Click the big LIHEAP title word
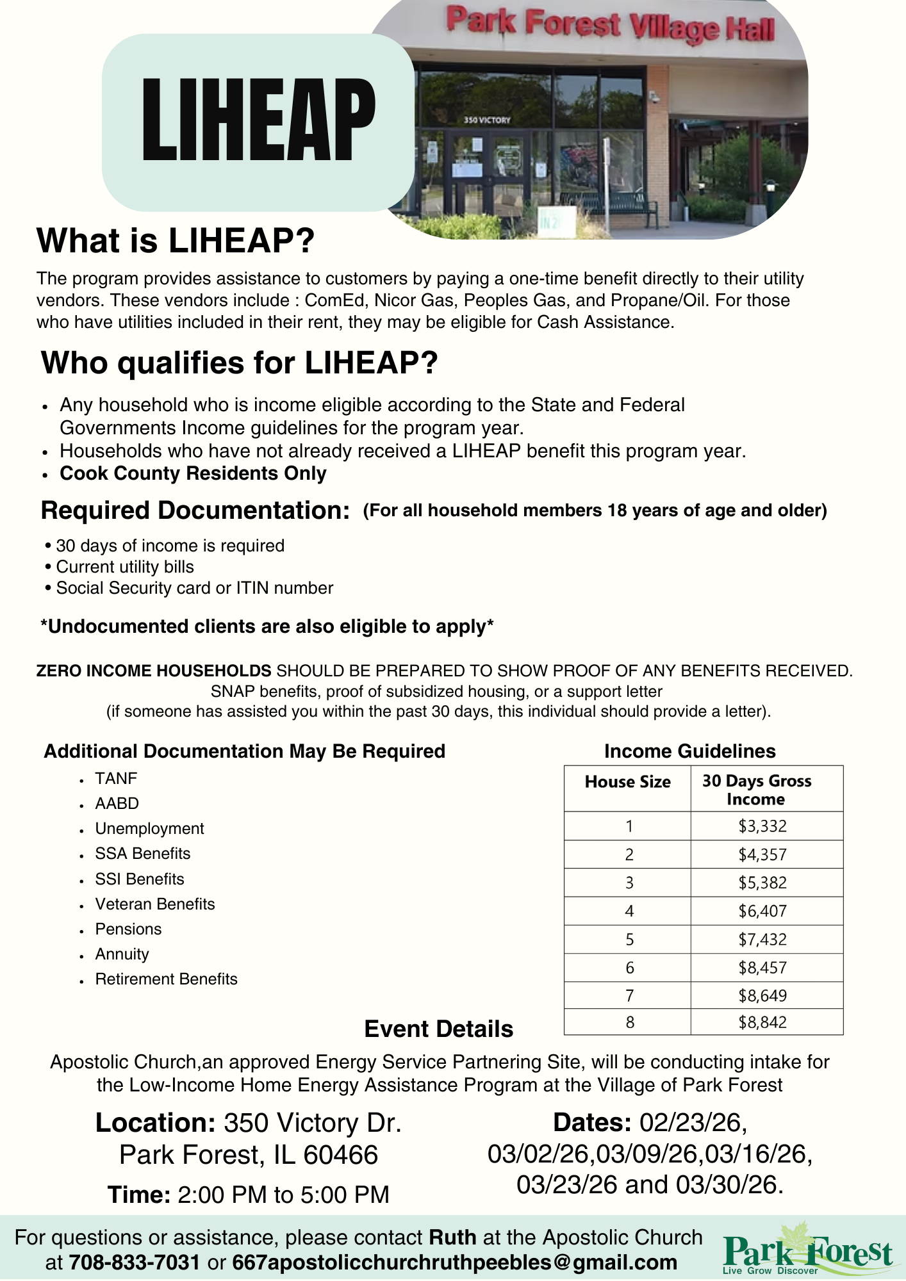tap(258, 120)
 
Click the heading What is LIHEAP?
tap(176, 241)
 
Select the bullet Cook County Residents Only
tap(193, 473)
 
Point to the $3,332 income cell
tap(762, 826)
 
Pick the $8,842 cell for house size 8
tap(762, 1022)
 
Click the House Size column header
tap(627, 782)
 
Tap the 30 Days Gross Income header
tap(757, 790)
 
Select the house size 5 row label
tap(629, 940)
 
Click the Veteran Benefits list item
tap(155, 904)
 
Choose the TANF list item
tap(116, 778)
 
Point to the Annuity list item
tap(122, 954)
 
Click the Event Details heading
tap(438, 1029)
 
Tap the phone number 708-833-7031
tap(134, 1262)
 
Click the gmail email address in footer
tap(454, 1262)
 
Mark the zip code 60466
tap(340, 1155)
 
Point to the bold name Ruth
tap(452, 1237)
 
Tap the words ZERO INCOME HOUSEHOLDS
tap(154, 671)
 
